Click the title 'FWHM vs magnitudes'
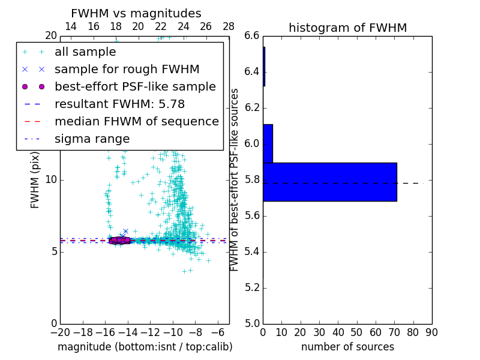(136, 13)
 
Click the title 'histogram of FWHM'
(347, 28)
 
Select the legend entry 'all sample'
(85, 52)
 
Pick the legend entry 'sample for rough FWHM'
(127, 70)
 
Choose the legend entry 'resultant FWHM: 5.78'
(119, 104)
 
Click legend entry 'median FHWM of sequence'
(136, 122)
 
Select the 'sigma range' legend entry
(92, 139)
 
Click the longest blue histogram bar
(330, 182)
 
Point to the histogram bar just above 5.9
(268, 143)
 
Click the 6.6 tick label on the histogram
(251, 36)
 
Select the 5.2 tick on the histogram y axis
(251, 287)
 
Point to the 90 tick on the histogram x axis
(431, 331)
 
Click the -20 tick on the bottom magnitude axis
(60, 331)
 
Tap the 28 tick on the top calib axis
(229, 26)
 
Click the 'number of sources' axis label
(347, 347)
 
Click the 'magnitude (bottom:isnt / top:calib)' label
(145, 347)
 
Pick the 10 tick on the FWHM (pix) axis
(51, 179)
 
